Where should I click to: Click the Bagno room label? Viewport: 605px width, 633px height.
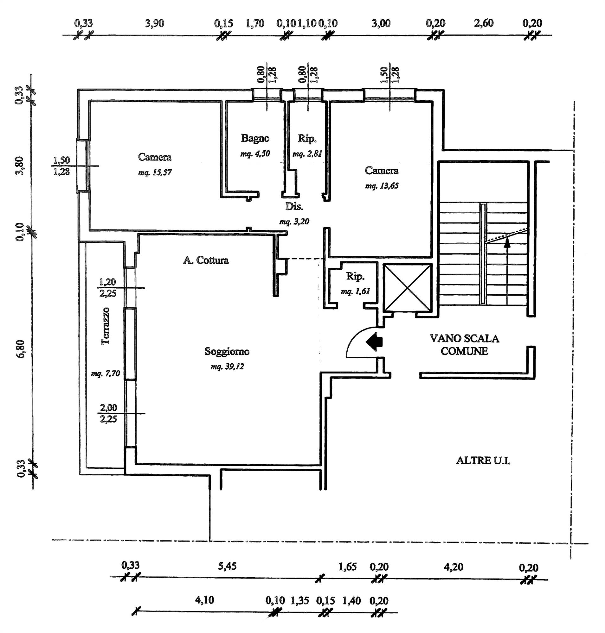coord(255,139)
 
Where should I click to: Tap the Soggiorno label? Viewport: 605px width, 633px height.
coord(227,351)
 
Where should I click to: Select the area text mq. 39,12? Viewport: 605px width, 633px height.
coord(227,367)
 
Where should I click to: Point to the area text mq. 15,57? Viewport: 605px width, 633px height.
coord(155,173)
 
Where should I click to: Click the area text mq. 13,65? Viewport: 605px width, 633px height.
coord(382,186)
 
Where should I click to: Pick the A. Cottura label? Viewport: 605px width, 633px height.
coord(206,260)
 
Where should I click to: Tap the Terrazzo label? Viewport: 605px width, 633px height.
coord(106,326)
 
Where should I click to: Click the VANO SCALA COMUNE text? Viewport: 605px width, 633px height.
coord(464,345)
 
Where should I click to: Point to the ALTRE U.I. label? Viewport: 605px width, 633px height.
coord(483,461)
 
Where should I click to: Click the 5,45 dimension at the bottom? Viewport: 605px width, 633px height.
coord(227,566)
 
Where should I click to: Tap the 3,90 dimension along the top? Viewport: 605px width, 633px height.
coord(154,23)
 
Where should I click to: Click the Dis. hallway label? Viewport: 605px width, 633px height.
coord(294,206)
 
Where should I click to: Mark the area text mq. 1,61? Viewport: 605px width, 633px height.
coord(355,291)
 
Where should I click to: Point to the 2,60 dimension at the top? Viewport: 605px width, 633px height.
coord(484,23)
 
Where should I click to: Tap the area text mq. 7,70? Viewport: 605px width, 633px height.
coord(106,373)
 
